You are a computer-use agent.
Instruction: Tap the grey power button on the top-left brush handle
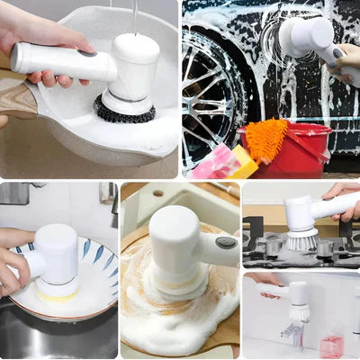coord(86,55)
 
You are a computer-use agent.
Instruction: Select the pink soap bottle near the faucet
coord(331,346)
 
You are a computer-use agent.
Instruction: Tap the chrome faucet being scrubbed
coord(292,335)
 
